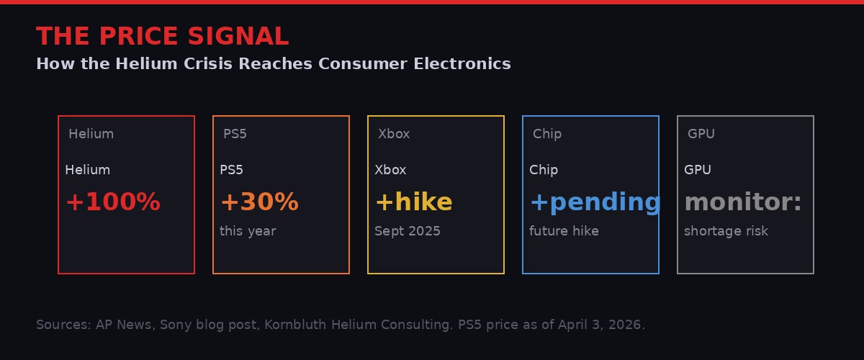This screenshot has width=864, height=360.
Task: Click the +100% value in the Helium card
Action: pyautogui.click(x=112, y=202)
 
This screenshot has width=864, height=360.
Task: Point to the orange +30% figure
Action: pyautogui.click(x=259, y=202)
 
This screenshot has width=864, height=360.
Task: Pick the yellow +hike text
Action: pyautogui.click(x=413, y=202)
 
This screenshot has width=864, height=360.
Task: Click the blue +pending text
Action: pyautogui.click(x=595, y=202)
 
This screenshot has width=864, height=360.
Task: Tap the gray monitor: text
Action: pyautogui.click(x=742, y=202)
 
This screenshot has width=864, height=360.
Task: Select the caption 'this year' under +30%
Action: pyautogui.click(x=248, y=231)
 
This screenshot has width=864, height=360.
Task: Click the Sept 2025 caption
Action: pyautogui.click(x=408, y=231)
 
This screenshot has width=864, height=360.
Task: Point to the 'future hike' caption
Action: pyautogui.click(x=564, y=231)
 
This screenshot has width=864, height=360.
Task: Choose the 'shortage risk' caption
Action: pyautogui.click(x=726, y=231)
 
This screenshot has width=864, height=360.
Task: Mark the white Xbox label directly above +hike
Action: pyautogui.click(x=390, y=170)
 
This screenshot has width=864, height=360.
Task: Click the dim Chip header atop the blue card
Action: pyautogui.click(x=547, y=134)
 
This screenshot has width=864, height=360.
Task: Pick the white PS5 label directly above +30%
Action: pyautogui.click(x=231, y=170)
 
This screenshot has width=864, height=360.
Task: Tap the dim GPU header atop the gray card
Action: pyautogui.click(x=701, y=134)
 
